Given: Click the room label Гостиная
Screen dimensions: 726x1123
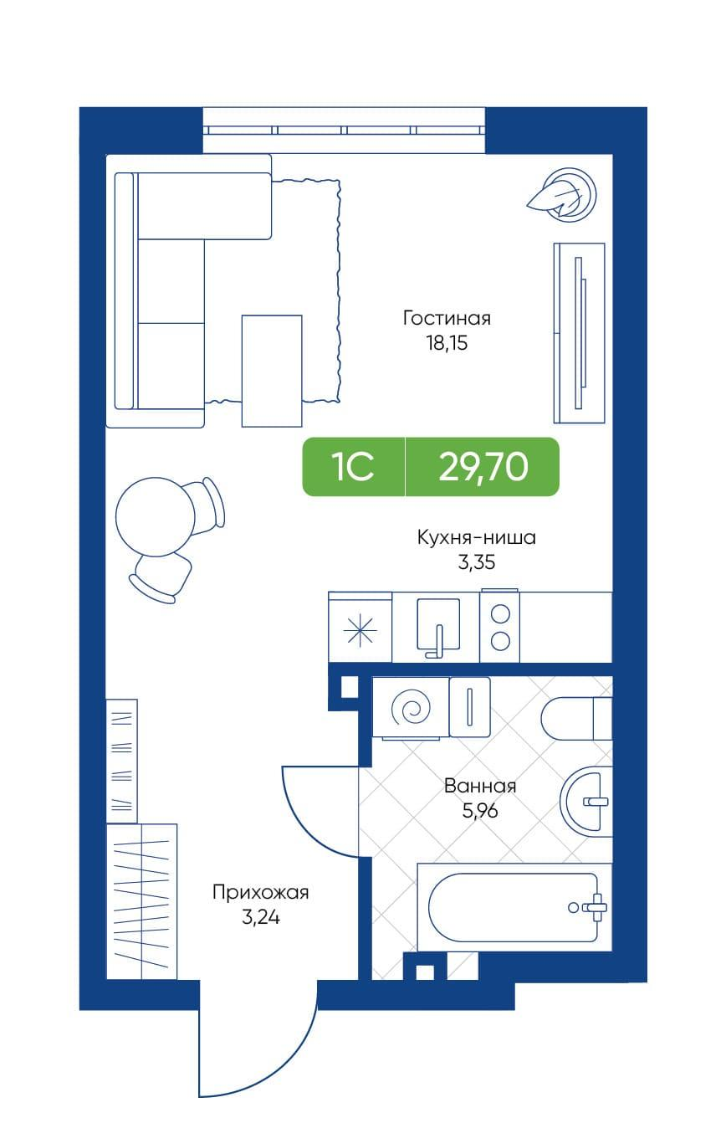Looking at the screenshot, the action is [447, 318].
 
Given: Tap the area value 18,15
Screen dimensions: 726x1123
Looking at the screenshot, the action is [447, 343].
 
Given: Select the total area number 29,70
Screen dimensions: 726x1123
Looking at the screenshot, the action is [483, 466].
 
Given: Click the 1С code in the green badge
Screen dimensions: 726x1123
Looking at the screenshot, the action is [353, 467].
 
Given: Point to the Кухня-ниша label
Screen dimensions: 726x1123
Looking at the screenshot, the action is [477, 537].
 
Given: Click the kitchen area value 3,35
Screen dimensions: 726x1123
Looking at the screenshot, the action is [477, 562].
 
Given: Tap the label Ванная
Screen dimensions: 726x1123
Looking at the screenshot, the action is [480, 786].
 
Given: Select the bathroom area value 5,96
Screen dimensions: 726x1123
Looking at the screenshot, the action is [480, 811].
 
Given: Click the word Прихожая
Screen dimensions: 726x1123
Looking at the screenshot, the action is [260, 892].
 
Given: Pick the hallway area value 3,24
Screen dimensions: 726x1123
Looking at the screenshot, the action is [260, 917].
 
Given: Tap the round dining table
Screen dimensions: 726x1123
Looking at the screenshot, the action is [155, 517].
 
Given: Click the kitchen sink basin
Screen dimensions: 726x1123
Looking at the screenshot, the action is [438, 623].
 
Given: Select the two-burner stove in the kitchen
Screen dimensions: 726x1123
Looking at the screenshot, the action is [499, 627].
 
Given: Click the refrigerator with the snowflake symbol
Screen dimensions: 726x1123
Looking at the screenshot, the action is [360, 627].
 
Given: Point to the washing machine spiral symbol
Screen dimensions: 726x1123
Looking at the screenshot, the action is [411, 707].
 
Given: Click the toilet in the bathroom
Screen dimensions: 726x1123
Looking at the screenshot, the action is [576, 719].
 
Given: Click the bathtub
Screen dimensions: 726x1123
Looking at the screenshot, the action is [514, 907].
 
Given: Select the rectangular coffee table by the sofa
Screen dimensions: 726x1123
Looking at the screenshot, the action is [272, 371].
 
